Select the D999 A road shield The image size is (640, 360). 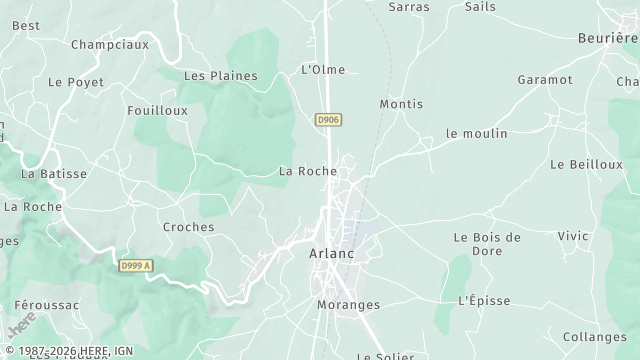click(x=135, y=265)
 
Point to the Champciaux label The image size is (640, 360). click(x=110, y=45)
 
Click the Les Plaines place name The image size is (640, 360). click(x=221, y=76)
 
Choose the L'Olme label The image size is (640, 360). click(x=323, y=69)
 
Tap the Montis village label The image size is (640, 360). click(x=401, y=104)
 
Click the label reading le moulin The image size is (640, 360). click(x=477, y=133)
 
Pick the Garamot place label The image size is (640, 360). click(x=545, y=79)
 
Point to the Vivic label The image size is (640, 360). click(x=573, y=236)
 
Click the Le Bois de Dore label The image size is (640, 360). click(x=487, y=244)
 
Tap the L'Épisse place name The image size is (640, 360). click(x=484, y=300)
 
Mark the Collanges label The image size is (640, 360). click(x=594, y=337)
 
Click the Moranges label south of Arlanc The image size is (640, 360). click(x=348, y=304)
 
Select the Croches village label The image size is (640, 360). click(x=188, y=227)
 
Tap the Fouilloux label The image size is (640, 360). click(x=157, y=111)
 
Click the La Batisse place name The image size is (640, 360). click(x=54, y=173)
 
